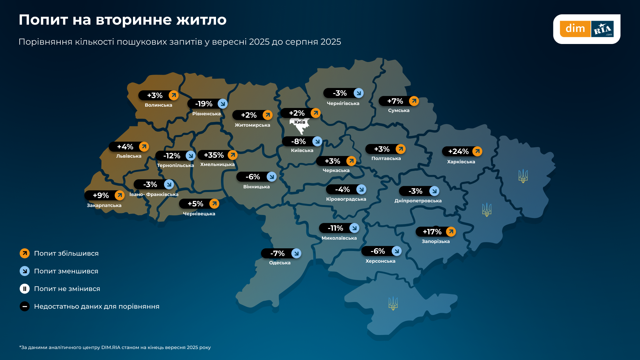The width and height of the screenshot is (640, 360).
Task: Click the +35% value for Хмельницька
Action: (x=214, y=155)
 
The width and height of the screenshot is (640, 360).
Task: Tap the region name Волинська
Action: (x=158, y=105)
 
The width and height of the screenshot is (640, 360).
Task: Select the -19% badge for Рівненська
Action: (x=204, y=104)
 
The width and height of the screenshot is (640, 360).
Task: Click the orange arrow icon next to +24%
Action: (x=477, y=151)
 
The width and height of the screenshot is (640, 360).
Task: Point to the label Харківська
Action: (x=461, y=162)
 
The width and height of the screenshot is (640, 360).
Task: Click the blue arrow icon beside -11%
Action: (x=354, y=228)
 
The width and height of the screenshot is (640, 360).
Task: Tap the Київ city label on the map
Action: (x=300, y=122)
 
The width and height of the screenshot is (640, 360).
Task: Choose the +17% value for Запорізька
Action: (x=432, y=232)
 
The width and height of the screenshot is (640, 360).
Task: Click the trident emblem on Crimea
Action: (x=393, y=303)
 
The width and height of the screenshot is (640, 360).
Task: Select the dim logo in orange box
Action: (x=575, y=29)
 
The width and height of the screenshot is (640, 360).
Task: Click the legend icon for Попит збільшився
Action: (x=25, y=253)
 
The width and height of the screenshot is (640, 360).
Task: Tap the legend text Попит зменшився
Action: (x=66, y=271)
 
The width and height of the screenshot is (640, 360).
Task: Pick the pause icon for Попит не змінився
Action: (x=25, y=289)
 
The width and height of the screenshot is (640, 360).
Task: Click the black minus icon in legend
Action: (x=25, y=306)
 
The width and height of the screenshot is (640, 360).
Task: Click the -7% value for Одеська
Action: (x=277, y=253)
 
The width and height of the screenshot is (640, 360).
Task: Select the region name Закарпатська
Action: (x=104, y=205)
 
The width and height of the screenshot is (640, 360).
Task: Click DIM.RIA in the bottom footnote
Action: (x=111, y=347)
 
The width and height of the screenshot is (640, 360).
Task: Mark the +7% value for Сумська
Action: (x=395, y=101)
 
